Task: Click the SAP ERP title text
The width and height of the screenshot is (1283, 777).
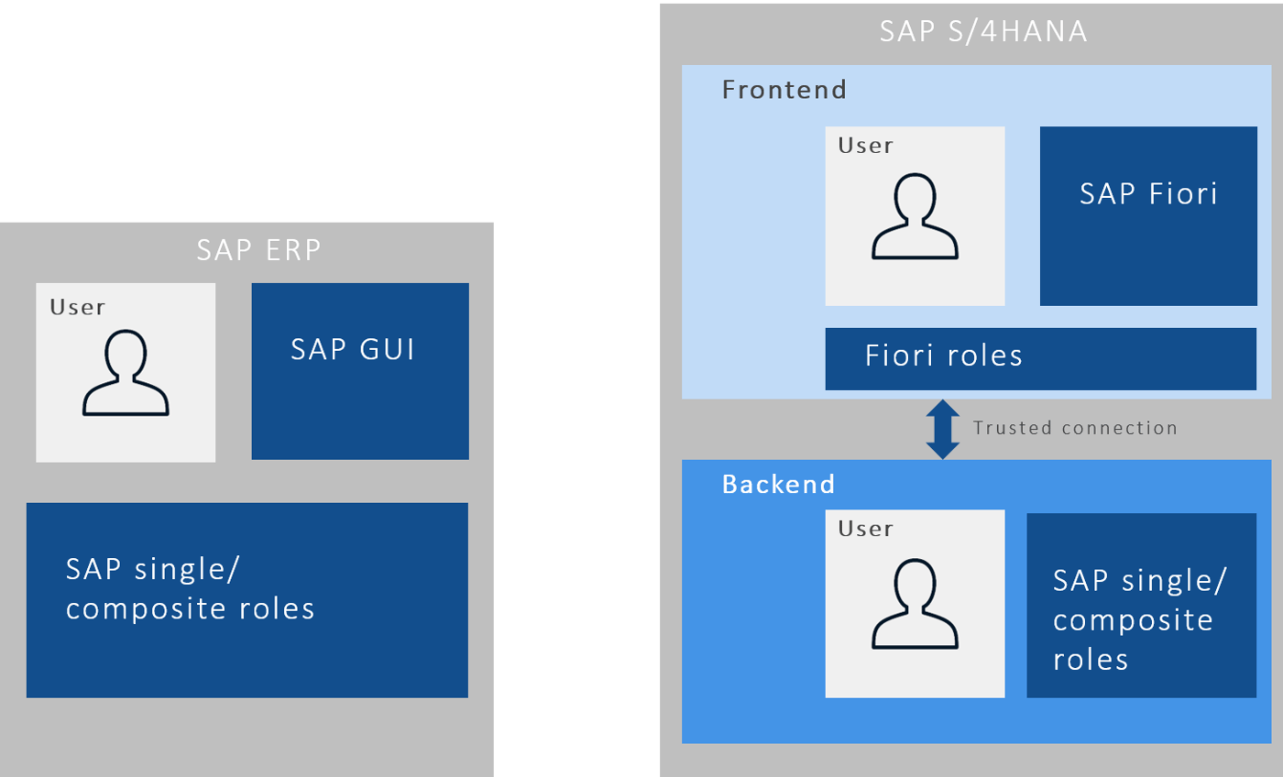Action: tap(259, 250)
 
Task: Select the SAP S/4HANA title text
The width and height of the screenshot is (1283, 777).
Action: tap(983, 31)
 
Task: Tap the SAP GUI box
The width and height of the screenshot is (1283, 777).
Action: tap(360, 371)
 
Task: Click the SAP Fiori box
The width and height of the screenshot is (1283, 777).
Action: tap(1148, 216)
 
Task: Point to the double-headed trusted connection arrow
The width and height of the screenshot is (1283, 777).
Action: tap(942, 429)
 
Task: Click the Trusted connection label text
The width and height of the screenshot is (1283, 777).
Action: tap(1075, 428)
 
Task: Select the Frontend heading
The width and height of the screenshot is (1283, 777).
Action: tap(784, 90)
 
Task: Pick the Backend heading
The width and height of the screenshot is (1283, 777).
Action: tap(778, 484)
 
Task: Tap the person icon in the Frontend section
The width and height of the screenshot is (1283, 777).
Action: tap(915, 216)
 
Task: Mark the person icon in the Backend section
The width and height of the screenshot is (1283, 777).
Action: tap(915, 605)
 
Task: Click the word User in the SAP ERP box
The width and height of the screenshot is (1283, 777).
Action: tap(78, 307)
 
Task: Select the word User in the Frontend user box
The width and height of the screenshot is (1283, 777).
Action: tap(865, 145)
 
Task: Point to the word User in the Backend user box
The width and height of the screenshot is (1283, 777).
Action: tap(865, 529)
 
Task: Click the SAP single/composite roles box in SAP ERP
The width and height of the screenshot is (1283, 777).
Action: tap(247, 600)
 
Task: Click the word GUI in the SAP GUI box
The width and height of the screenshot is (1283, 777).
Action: tap(385, 350)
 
